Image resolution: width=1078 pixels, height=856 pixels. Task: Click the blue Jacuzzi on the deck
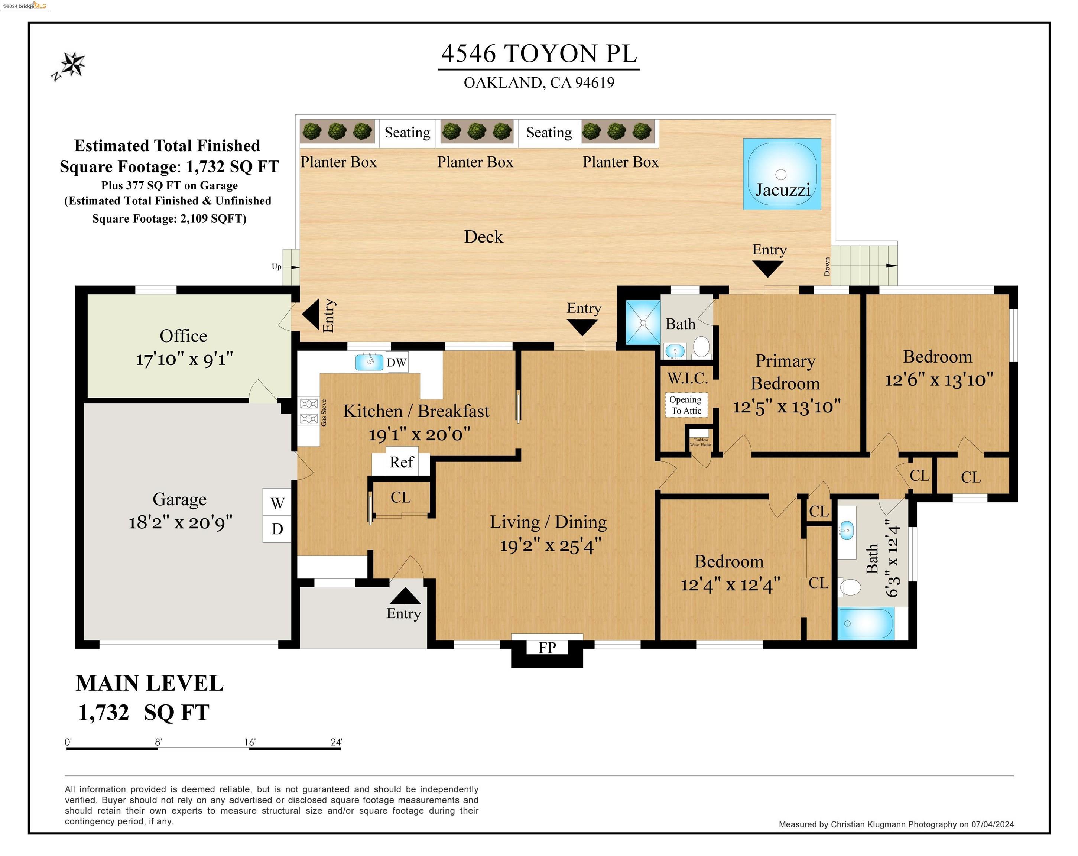(782, 174)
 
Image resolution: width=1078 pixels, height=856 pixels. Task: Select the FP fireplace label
(547, 648)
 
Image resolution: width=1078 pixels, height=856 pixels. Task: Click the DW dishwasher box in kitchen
(396, 363)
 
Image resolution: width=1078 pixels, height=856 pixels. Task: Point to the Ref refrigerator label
(401, 462)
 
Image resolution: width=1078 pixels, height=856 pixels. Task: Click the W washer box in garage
(277, 503)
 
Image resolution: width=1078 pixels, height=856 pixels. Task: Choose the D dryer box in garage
(277, 529)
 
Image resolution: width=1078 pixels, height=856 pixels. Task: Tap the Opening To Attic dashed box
(686, 405)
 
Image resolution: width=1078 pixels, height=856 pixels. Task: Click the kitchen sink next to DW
(369, 362)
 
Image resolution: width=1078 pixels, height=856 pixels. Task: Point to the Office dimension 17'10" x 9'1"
(184, 359)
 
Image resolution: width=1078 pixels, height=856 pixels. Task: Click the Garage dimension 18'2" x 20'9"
(181, 522)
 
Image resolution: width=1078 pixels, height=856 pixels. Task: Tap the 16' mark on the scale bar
(250, 743)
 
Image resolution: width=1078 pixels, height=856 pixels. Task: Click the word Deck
(483, 237)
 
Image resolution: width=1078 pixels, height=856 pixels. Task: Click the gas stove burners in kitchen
(308, 411)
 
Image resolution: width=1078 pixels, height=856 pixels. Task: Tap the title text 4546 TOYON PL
(539, 53)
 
